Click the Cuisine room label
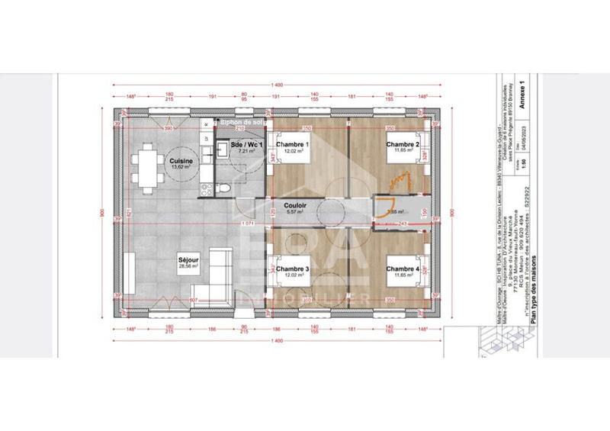click(x=181, y=162)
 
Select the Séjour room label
click(x=188, y=259)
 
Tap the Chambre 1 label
click(x=292, y=145)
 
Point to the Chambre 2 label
click(x=403, y=145)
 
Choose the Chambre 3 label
click(x=292, y=269)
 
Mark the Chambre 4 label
click(x=403, y=269)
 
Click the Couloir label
click(x=294, y=205)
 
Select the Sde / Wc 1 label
click(x=246, y=145)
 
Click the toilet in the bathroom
click(x=226, y=186)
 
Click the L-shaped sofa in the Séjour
click(x=220, y=271)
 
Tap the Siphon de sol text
click(x=240, y=122)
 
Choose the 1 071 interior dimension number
click(x=245, y=223)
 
